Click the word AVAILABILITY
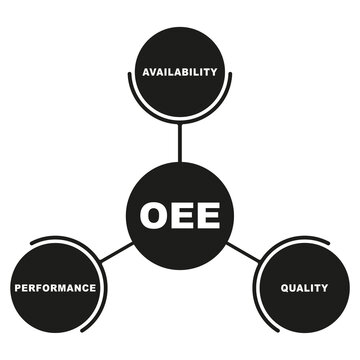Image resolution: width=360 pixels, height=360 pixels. click(180, 72)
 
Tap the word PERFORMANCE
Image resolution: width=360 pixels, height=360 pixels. click(55, 288)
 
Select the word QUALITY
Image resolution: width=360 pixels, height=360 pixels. click(304, 288)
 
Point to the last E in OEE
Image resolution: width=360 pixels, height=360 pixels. click(207, 215)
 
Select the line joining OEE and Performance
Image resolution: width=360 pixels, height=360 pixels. click(115, 252)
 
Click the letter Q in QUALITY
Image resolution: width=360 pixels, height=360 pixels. click(283, 288)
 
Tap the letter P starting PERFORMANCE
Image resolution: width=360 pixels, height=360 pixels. click(17, 288)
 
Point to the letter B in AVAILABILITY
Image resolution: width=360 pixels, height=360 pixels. click(186, 72)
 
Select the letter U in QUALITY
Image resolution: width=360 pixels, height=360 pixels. click(292, 288)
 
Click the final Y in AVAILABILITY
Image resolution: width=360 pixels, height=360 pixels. click(214, 72)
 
